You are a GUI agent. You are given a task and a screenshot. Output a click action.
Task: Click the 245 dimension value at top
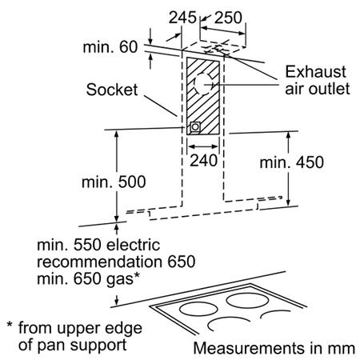point(182,18)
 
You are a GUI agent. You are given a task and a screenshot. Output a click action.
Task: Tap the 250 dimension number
point(228,18)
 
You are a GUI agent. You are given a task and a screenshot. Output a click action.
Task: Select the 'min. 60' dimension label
point(110,47)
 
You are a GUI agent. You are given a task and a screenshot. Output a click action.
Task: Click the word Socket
point(112,90)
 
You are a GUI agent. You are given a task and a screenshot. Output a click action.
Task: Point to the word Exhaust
point(315,72)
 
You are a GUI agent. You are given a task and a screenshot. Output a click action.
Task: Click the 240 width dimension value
point(203,161)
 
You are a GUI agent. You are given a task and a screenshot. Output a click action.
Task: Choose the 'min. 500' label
point(114,182)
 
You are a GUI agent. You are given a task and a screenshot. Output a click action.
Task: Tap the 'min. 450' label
point(292,162)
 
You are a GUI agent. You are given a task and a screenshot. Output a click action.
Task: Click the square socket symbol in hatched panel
point(195,127)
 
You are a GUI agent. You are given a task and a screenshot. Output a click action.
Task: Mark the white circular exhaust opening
point(203,84)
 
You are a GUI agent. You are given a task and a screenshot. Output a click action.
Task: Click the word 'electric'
point(133,245)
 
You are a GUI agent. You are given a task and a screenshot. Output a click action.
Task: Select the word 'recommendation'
point(99,262)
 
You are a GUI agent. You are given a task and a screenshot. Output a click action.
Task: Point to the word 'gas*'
point(123,279)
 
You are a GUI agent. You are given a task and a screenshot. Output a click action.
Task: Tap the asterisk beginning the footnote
point(10,325)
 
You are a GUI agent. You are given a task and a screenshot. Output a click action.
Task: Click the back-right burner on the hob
point(248,301)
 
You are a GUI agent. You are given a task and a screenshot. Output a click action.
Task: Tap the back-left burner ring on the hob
point(198,310)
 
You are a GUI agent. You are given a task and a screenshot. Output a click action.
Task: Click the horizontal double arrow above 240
point(203,146)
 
